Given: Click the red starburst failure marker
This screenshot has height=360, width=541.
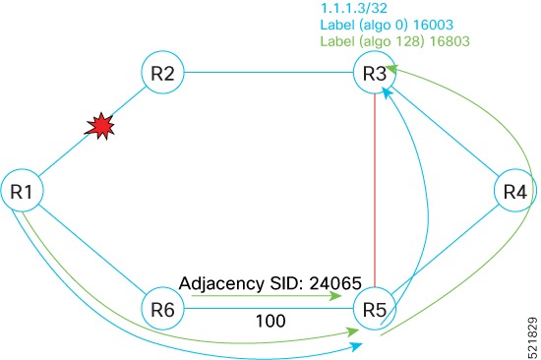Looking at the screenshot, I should coord(100,127).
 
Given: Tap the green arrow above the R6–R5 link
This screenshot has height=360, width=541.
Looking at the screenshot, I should coord(266,293).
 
